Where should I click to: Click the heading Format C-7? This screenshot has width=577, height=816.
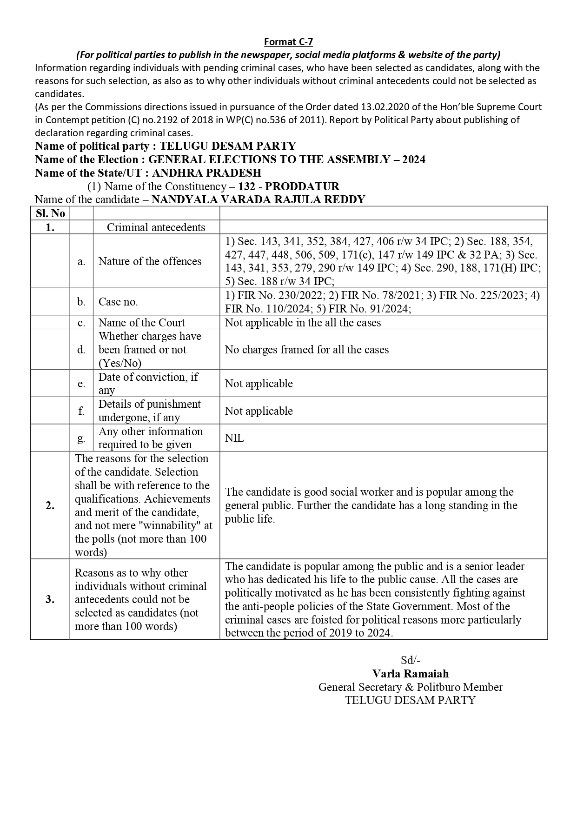(288, 42)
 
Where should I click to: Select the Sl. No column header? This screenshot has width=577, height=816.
(50, 213)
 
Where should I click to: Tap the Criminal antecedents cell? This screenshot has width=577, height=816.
(156, 227)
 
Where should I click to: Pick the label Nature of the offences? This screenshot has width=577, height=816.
(150, 261)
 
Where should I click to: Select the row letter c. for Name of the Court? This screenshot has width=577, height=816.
(81, 323)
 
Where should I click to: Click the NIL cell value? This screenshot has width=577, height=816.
(234, 438)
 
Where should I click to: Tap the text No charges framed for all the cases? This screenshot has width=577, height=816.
(307, 350)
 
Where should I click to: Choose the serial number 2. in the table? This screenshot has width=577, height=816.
(50, 505)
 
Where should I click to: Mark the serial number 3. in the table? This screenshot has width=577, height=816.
(50, 599)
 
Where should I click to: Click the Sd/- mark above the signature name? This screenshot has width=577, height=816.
(411, 660)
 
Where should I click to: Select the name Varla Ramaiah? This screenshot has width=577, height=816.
(411, 674)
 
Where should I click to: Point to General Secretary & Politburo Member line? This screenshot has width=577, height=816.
(411, 687)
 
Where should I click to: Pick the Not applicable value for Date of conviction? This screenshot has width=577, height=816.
(259, 384)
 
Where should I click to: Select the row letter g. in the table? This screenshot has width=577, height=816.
(81, 438)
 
